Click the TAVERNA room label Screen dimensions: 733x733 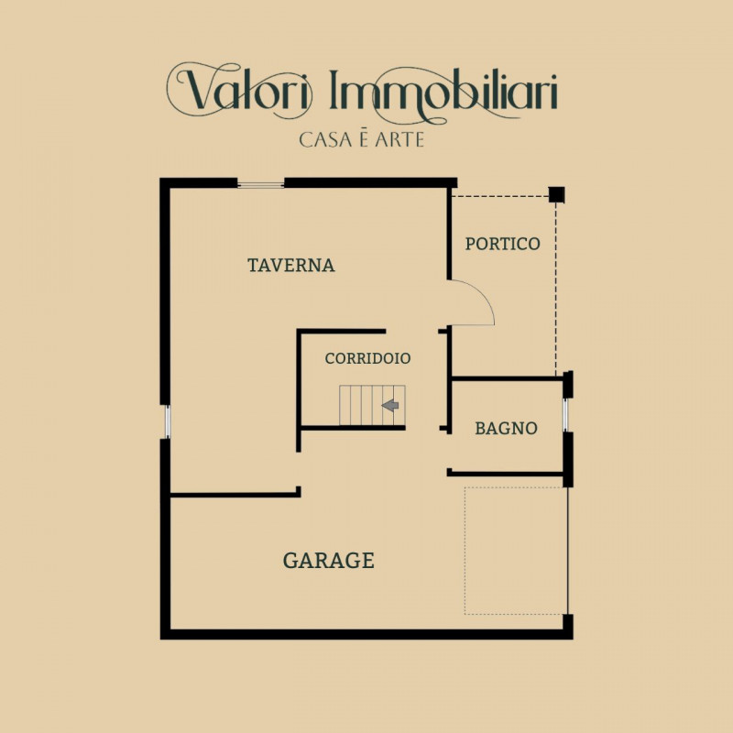click(x=291, y=266)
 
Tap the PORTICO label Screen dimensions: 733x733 click(x=502, y=245)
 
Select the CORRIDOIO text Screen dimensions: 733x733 click(x=367, y=358)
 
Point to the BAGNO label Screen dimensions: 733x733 click(x=506, y=428)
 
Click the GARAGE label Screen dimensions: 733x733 click(x=328, y=561)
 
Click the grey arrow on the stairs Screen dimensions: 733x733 click(x=393, y=405)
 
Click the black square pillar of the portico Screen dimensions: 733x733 click(x=556, y=194)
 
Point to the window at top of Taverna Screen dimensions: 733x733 click(x=261, y=184)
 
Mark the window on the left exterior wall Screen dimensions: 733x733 click(x=166, y=421)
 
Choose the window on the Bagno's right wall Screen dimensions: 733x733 click(x=566, y=415)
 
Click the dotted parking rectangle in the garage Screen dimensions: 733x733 click(x=513, y=550)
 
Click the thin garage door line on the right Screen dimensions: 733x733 click(x=569, y=550)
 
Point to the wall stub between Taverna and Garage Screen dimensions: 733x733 click(x=235, y=495)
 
